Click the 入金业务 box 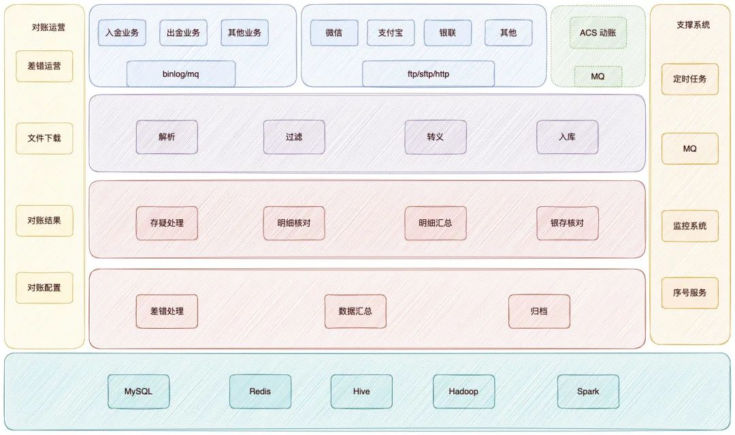coord(122,33)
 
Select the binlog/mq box coord(181,74)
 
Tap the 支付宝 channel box coord(391,33)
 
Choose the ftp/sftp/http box coord(428,74)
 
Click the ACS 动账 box coord(598,32)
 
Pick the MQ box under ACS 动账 coord(598,76)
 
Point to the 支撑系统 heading coord(693,25)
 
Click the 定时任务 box coord(690,79)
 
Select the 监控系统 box coord(690,226)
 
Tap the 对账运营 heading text coord(49,28)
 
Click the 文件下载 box coord(44,138)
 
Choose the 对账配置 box coord(44,288)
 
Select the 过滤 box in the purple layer coord(294,137)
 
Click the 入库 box coord(567,137)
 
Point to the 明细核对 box coord(294,223)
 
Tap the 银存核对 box coord(567,223)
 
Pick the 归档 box coord(539,311)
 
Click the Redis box coord(260,391)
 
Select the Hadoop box coord(463,391)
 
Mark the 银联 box coord(448,33)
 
